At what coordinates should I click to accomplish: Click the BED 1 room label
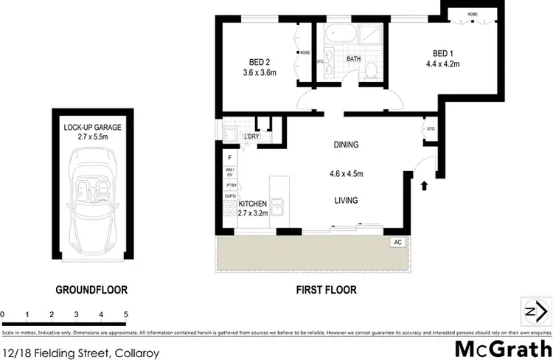[442, 52]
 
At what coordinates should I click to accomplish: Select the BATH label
[354, 58]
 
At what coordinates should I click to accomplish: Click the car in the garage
[92, 199]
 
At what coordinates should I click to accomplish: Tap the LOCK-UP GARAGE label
[92, 127]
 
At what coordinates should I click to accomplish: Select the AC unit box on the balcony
[397, 242]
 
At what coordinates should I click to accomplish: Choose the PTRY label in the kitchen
[229, 184]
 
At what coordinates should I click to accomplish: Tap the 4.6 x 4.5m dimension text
[346, 175]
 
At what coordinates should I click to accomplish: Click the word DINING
[346, 145]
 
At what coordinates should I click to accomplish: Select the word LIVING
[346, 200]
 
